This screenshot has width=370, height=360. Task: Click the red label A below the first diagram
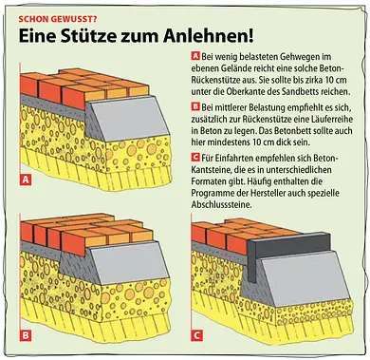click(x=26, y=180)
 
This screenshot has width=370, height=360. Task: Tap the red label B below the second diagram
click(x=26, y=335)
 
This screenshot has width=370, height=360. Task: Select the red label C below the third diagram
click(x=196, y=335)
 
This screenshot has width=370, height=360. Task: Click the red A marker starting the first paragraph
click(x=195, y=56)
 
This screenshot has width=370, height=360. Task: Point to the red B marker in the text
click(x=195, y=107)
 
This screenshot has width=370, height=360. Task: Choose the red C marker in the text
click(x=195, y=157)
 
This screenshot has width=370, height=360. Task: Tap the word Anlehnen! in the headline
click(x=209, y=36)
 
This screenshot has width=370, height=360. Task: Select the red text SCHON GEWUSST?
click(x=58, y=19)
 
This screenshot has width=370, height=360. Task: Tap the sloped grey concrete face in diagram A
click(x=130, y=119)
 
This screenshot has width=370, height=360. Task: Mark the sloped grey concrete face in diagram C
click(x=305, y=278)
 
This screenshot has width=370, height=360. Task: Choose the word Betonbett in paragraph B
click(x=288, y=131)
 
